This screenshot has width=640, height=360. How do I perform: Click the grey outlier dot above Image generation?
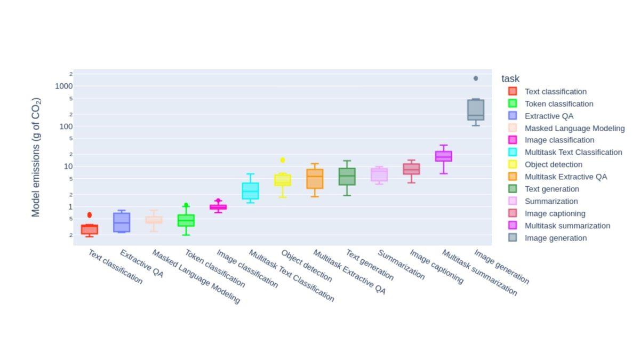pyautogui.click(x=476, y=78)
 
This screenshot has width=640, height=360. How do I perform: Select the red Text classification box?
pyautogui.click(x=90, y=229)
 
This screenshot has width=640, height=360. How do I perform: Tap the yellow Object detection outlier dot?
pyautogui.click(x=283, y=160)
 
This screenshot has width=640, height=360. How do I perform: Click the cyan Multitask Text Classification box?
pyautogui.click(x=250, y=191)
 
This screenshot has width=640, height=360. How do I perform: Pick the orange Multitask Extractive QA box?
pyautogui.click(x=315, y=179)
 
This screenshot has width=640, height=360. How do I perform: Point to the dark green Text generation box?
pyautogui.click(x=347, y=177)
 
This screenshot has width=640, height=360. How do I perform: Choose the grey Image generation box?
pyautogui.click(x=476, y=110)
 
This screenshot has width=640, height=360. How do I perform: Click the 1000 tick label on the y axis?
pyautogui.click(x=63, y=86)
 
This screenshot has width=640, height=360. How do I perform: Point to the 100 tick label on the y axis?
pyautogui.click(x=65, y=126)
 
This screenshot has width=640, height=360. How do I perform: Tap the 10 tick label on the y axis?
pyautogui.click(x=68, y=166)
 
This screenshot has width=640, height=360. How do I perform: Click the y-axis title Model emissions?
pyautogui.click(x=36, y=157)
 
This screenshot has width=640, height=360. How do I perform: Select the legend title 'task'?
pyautogui.click(x=510, y=79)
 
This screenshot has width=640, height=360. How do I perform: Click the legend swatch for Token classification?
pyautogui.click(x=513, y=103)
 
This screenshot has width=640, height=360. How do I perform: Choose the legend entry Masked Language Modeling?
pyautogui.click(x=574, y=128)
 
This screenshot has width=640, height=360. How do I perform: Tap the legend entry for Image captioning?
pyautogui.click(x=555, y=213)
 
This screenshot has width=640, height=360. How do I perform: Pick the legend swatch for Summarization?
pyautogui.click(x=513, y=201)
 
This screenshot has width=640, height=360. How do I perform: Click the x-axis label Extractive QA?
pyautogui.click(x=141, y=263)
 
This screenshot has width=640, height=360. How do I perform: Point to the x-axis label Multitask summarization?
pyautogui.click(x=479, y=273)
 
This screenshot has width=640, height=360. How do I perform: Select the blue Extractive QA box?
pyautogui.click(x=122, y=222)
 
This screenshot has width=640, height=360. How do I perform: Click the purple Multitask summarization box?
pyautogui.click(x=444, y=156)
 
